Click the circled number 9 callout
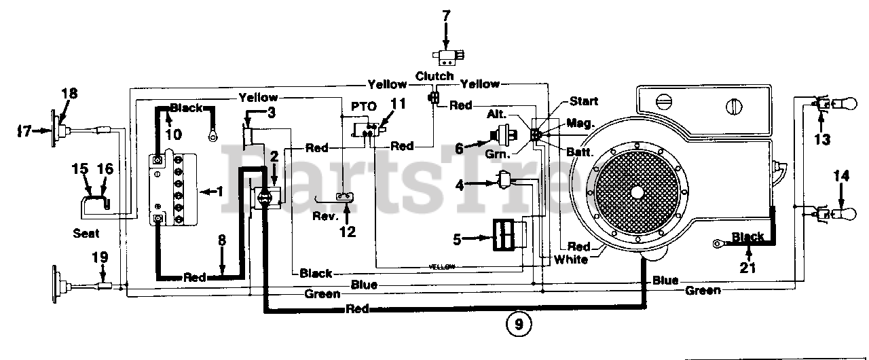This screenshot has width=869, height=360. [x=519, y=325]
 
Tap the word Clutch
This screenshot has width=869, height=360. [x=434, y=75]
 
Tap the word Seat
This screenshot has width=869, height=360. [x=86, y=234]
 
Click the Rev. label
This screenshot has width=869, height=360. [x=324, y=216]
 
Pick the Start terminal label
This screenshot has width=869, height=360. [x=584, y=101]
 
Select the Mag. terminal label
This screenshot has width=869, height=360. [x=580, y=123]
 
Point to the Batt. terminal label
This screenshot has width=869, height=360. [x=580, y=153]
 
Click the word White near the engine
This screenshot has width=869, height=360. [x=570, y=259]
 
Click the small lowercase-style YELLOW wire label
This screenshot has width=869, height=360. [x=442, y=266]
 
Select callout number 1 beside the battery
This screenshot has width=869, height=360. [x=219, y=191]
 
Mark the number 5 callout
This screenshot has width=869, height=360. [x=458, y=238]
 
